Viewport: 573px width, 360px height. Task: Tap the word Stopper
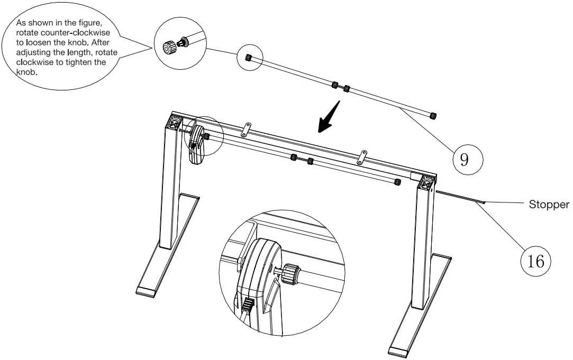tap(549, 205)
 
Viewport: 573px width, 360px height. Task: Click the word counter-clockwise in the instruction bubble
tap(76, 34)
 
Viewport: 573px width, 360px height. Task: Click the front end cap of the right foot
tap(399, 352)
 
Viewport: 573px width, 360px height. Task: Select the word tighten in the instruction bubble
tap(87, 62)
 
